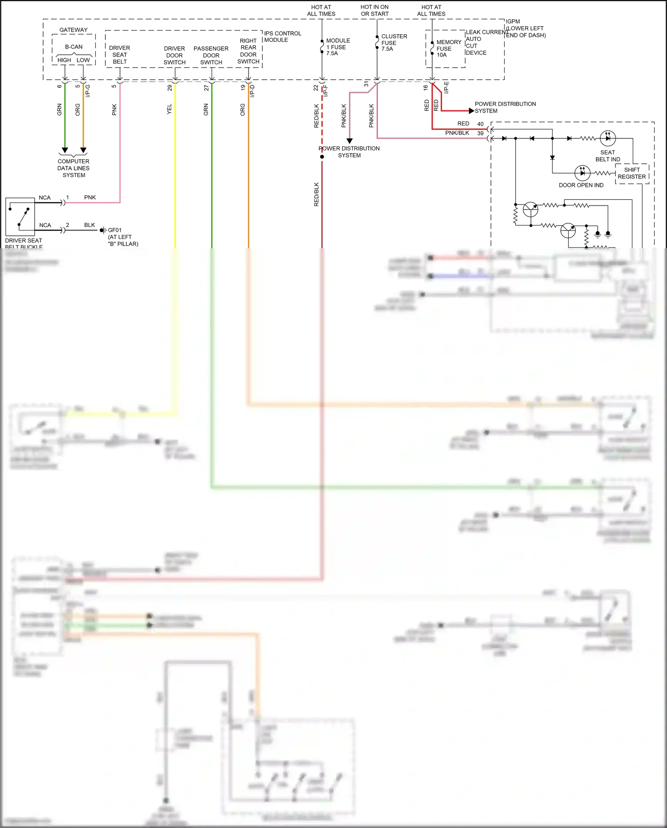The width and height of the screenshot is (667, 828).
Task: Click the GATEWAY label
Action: coord(73,30)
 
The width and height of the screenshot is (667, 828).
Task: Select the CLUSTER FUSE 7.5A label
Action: coord(394,43)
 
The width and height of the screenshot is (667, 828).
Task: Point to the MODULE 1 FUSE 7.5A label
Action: coord(338,47)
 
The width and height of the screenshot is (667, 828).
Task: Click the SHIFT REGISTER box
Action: coord(632,173)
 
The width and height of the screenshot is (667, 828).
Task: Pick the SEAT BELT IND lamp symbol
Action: coord(607,138)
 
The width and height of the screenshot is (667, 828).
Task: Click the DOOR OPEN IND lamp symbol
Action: coord(582,173)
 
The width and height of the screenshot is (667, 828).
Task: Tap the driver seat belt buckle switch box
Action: coord(20,217)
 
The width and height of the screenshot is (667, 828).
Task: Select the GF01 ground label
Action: coord(114,230)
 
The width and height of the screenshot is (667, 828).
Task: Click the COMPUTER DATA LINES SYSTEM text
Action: coord(73,168)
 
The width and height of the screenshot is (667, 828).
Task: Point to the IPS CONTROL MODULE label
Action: coord(282,36)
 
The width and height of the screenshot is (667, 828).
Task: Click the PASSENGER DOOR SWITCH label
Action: coord(211,55)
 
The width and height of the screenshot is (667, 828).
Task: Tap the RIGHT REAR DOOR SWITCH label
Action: coord(248,51)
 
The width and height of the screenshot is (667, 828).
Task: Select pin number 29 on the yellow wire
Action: coord(169,88)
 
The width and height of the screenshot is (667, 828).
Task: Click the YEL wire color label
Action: coord(169,109)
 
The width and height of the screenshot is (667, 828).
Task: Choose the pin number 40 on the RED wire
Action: coord(480,124)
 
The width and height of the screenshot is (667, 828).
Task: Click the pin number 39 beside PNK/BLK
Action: coord(480,133)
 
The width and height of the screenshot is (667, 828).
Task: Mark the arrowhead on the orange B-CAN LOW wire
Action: coord(83,150)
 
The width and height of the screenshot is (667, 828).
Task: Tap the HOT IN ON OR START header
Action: coord(374,10)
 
